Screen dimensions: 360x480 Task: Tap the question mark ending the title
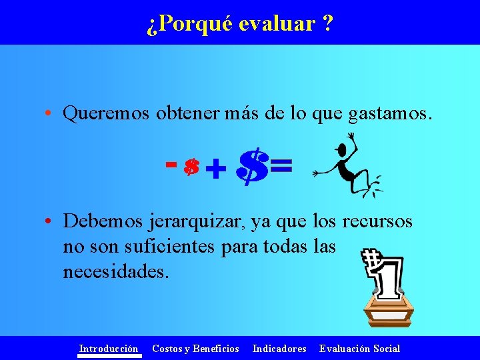point(327,24)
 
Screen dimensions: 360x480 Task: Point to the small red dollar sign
point(191,167)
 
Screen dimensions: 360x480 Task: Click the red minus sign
point(171,162)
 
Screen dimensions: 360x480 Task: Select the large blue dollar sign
point(252,167)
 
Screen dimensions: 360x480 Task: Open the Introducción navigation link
point(109,348)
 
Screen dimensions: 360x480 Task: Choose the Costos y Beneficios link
point(195,348)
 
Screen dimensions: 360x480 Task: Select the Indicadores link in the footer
point(279,348)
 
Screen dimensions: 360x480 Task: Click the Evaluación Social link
point(359,348)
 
